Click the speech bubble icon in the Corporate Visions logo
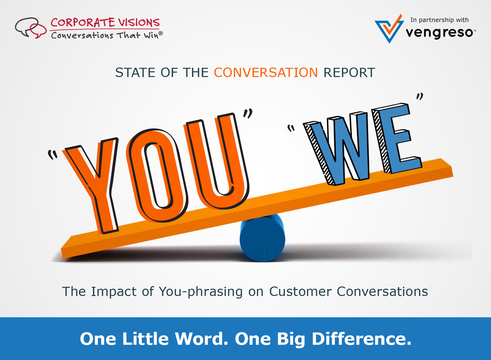pyautogui.click(x=31, y=28)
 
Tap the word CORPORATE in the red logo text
pyautogui.click(x=82, y=22)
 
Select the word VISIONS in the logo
pyautogui.click(x=139, y=22)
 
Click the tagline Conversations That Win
pyautogui.click(x=107, y=35)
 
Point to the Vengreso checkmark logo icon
pyautogui.click(x=389, y=28)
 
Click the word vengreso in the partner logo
pyautogui.click(x=439, y=33)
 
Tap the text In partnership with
pyautogui.click(x=440, y=20)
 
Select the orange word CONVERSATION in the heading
pyautogui.click(x=266, y=72)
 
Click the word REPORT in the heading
pyautogui.click(x=349, y=72)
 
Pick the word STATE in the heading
pyautogui.click(x=135, y=72)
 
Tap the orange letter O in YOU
pyautogui.click(x=157, y=175)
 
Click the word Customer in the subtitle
pyautogui.click(x=300, y=292)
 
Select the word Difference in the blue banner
pyautogui.click(x=362, y=339)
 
